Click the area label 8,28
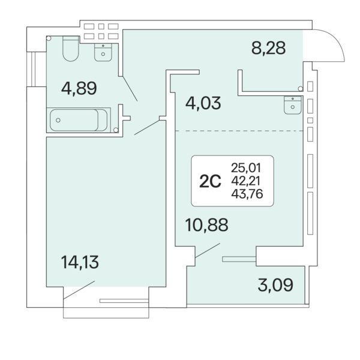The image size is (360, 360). [269, 48]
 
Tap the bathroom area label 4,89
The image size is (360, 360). [79, 88]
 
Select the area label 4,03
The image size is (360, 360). [203, 103]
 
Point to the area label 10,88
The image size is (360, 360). [206, 225]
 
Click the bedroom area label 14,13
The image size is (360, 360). [80, 262]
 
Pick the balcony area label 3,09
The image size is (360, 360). [275, 284]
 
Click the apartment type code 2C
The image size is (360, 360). [210, 181]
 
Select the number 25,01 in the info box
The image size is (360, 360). [246, 168]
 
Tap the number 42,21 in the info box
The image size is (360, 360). [245, 181]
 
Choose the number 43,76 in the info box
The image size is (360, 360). [247, 194]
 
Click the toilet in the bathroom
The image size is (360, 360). [71, 49]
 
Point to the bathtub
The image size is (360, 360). [79, 120]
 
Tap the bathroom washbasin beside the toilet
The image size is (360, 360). [103, 52]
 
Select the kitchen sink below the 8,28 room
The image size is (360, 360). [293, 105]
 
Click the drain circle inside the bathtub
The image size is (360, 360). [58, 120]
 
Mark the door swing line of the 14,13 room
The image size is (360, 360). [79, 290]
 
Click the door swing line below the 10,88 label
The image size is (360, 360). [208, 250]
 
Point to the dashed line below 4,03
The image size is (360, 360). [239, 131]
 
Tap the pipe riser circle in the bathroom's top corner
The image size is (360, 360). [49, 38]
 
